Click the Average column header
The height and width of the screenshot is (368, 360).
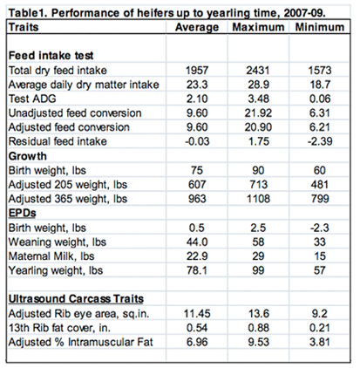(x=197, y=27)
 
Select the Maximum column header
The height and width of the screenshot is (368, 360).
(x=258, y=27)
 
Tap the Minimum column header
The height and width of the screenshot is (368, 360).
(x=320, y=27)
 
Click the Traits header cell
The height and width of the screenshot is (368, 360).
(x=24, y=27)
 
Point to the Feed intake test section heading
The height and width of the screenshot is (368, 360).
(x=51, y=55)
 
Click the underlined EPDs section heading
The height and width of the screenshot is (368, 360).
(x=23, y=213)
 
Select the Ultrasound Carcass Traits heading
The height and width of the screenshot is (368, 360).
(x=76, y=299)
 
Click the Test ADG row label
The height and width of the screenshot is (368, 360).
(x=32, y=99)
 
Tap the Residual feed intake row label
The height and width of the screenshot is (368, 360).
(x=58, y=141)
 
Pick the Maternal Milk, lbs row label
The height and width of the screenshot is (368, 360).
(x=51, y=256)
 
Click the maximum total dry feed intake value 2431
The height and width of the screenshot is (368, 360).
(x=258, y=70)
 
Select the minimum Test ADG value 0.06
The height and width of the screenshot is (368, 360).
(x=320, y=99)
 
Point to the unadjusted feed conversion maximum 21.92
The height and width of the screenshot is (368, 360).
(x=258, y=112)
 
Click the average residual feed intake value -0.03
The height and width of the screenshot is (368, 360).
(x=197, y=141)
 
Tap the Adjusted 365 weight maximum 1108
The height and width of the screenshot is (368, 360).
(x=258, y=199)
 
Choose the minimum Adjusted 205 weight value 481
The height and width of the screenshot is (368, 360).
(x=320, y=185)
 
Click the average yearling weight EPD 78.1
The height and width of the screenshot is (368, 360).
(x=197, y=270)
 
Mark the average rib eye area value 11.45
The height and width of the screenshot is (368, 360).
(x=197, y=313)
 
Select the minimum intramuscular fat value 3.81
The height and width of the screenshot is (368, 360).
(x=320, y=342)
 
